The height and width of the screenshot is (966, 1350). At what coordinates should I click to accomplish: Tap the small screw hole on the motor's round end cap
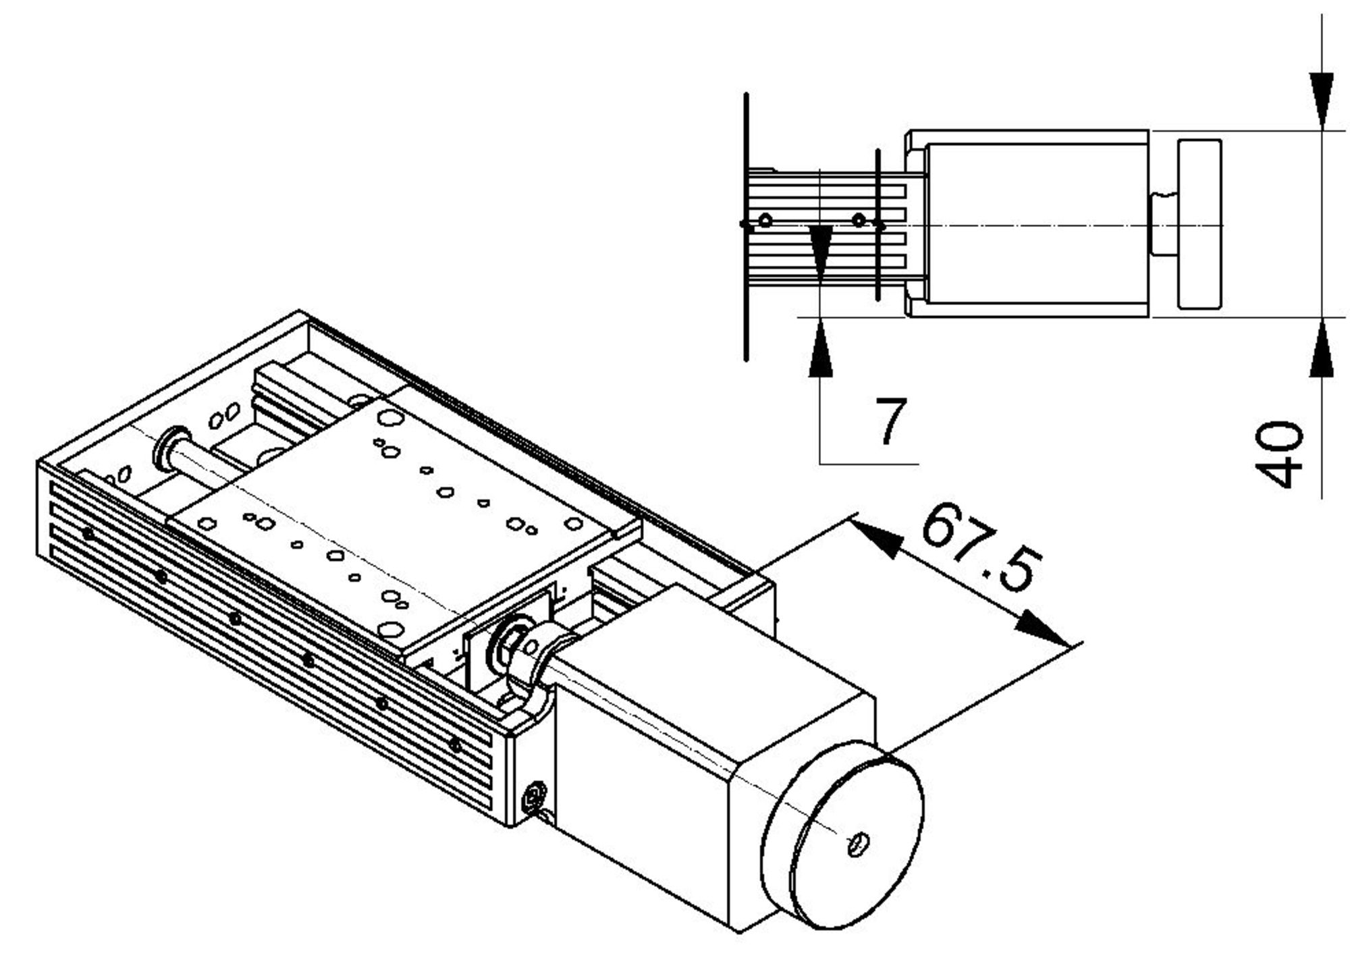pos(858,842)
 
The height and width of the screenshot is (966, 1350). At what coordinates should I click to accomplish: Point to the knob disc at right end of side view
pos(1199,224)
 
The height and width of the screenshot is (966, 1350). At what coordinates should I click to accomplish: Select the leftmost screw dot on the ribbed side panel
pos(88,534)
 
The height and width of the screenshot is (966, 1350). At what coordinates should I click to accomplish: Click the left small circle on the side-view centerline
pos(765,220)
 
